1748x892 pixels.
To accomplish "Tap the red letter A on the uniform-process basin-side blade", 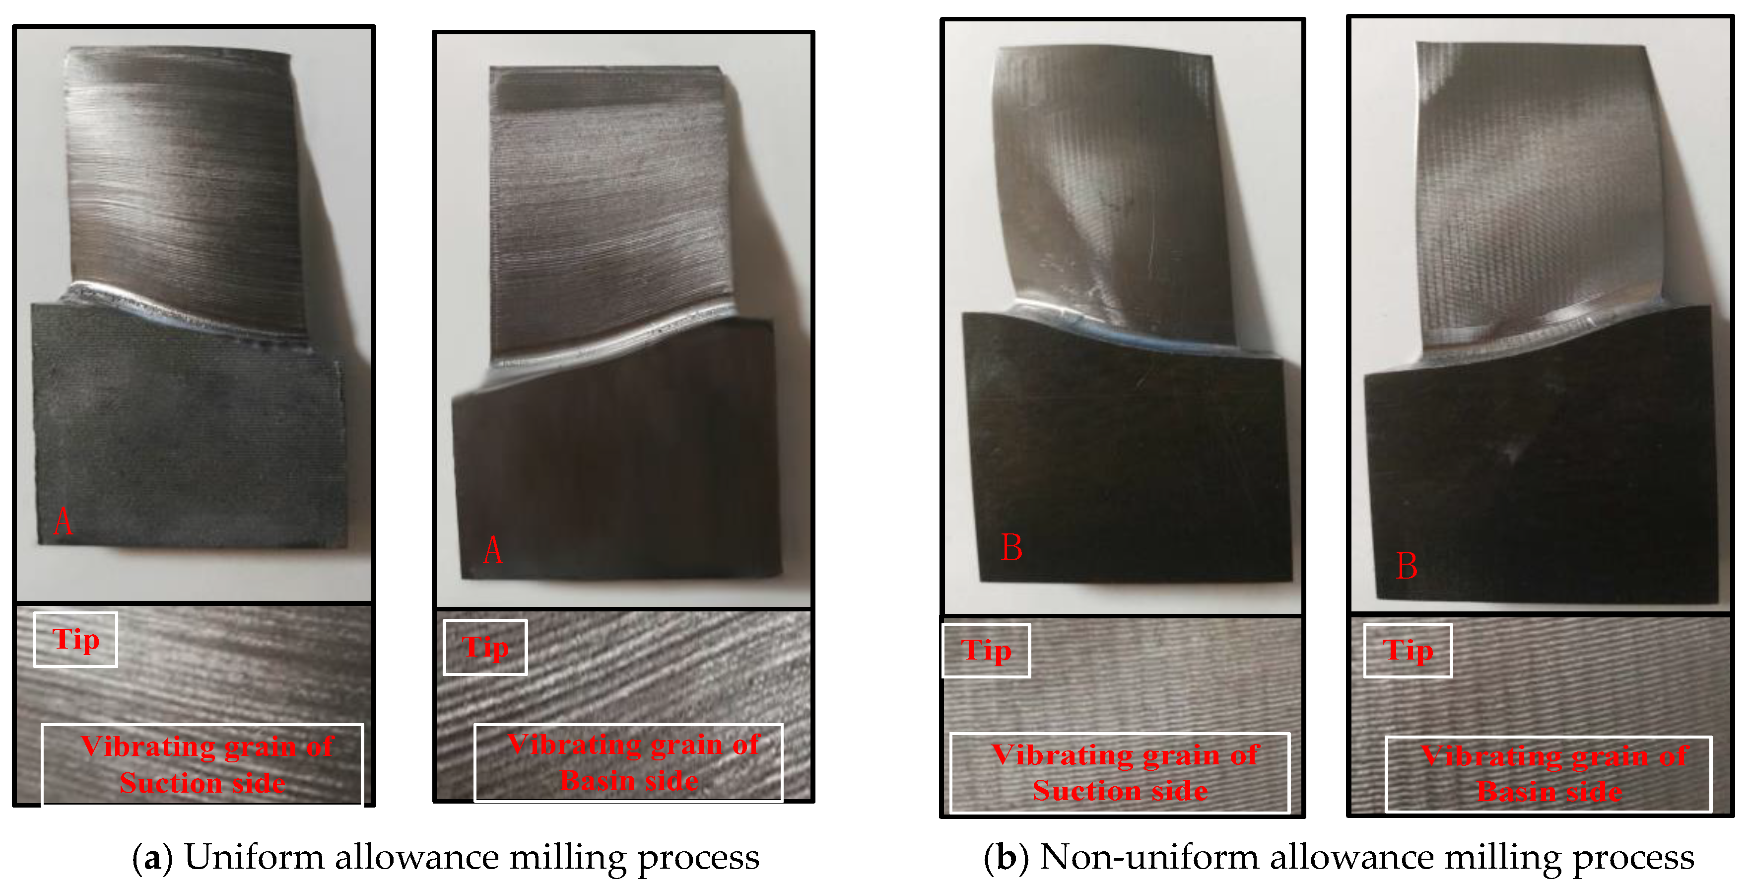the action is tap(493, 549).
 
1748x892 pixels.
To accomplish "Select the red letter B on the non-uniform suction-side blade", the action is tap(1012, 547).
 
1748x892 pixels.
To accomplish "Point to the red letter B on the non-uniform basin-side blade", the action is tap(1407, 566).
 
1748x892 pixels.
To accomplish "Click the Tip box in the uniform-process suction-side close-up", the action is tap(75, 640).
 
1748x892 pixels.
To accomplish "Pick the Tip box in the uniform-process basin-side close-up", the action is tap(485, 647).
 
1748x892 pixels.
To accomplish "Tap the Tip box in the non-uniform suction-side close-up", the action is tap(986, 650).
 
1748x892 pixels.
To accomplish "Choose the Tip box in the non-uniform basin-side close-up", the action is tap(1408, 650).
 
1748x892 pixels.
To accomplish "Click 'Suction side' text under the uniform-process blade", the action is tap(202, 783).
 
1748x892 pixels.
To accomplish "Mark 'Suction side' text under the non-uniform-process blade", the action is tap(1120, 791).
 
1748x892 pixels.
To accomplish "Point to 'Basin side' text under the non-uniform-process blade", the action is tap(1550, 792).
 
